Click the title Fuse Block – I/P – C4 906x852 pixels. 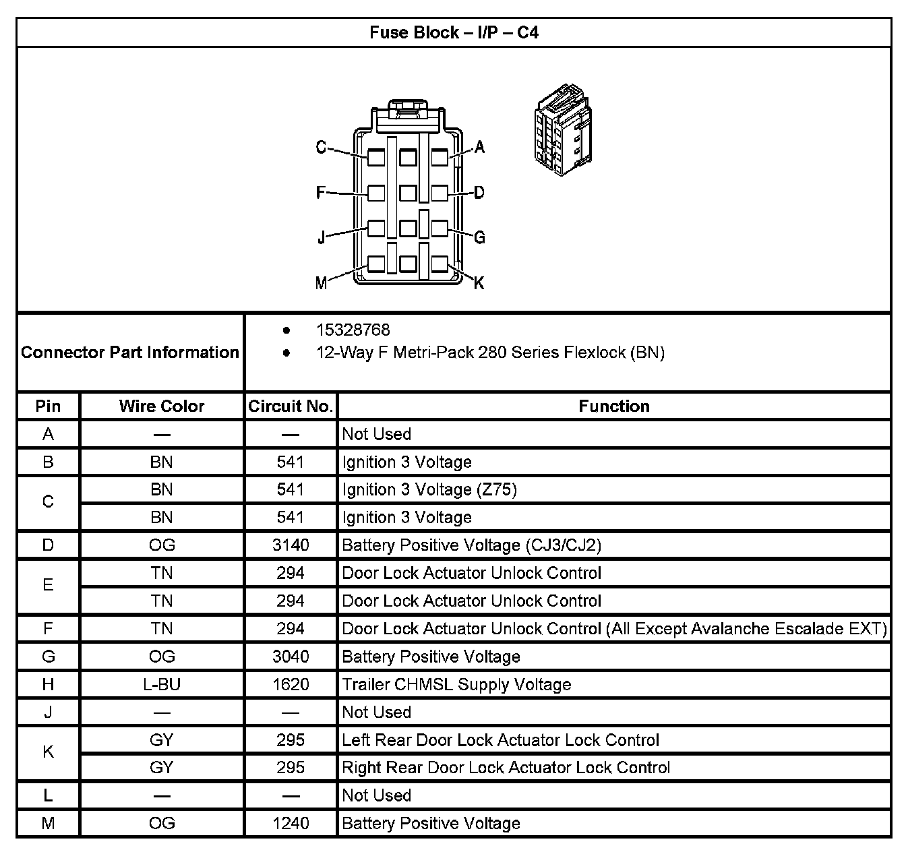tap(454, 32)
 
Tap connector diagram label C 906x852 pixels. tap(322, 147)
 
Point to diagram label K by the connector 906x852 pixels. tap(479, 283)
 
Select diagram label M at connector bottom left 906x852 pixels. tap(321, 283)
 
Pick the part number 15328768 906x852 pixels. tap(353, 330)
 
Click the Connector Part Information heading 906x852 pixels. tap(130, 352)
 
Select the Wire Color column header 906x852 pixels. tap(162, 406)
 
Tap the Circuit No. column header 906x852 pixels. tap(291, 406)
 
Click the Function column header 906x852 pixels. tap(614, 406)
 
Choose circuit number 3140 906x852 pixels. tap(291, 545)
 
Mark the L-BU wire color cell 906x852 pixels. tap(162, 684)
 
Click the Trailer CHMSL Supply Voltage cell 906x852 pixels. tap(456, 684)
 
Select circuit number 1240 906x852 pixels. tap(291, 823)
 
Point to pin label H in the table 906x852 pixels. tap(48, 684)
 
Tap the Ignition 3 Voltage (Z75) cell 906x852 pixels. tap(429, 489)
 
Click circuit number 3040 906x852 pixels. tap(291, 657)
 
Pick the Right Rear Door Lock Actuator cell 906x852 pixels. tap(506, 768)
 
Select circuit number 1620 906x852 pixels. tap(291, 684)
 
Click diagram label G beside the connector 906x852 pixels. tap(479, 237)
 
